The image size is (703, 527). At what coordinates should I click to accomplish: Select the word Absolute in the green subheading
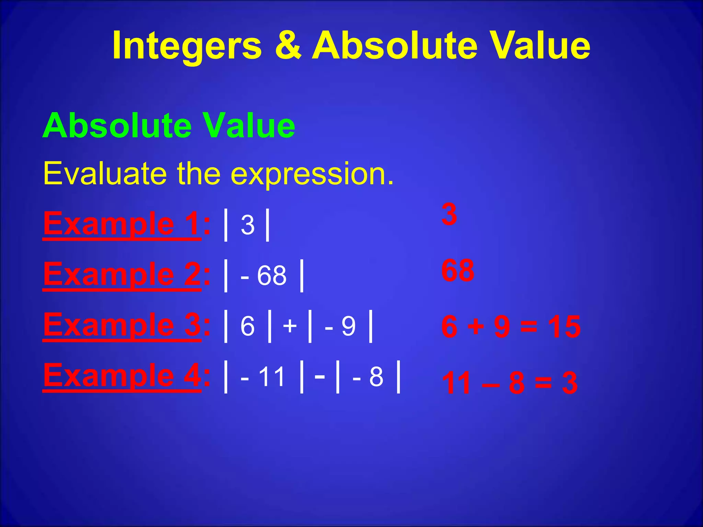click(x=117, y=126)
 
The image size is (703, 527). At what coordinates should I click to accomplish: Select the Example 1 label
click(x=122, y=224)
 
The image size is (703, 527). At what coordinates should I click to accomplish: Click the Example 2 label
click(x=122, y=274)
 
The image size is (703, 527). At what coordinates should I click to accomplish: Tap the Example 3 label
click(x=122, y=325)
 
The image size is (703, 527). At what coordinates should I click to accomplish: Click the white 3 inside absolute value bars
click(x=247, y=225)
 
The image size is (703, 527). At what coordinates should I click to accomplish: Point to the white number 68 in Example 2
click(x=272, y=276)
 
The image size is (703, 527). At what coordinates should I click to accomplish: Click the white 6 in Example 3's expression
click(x=247, y=326)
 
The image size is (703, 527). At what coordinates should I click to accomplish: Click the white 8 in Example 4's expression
click(x=376, y=377)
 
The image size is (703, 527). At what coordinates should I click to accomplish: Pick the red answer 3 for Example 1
click(x=449, y=214)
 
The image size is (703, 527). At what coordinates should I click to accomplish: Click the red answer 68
click(x=458, y=271)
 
